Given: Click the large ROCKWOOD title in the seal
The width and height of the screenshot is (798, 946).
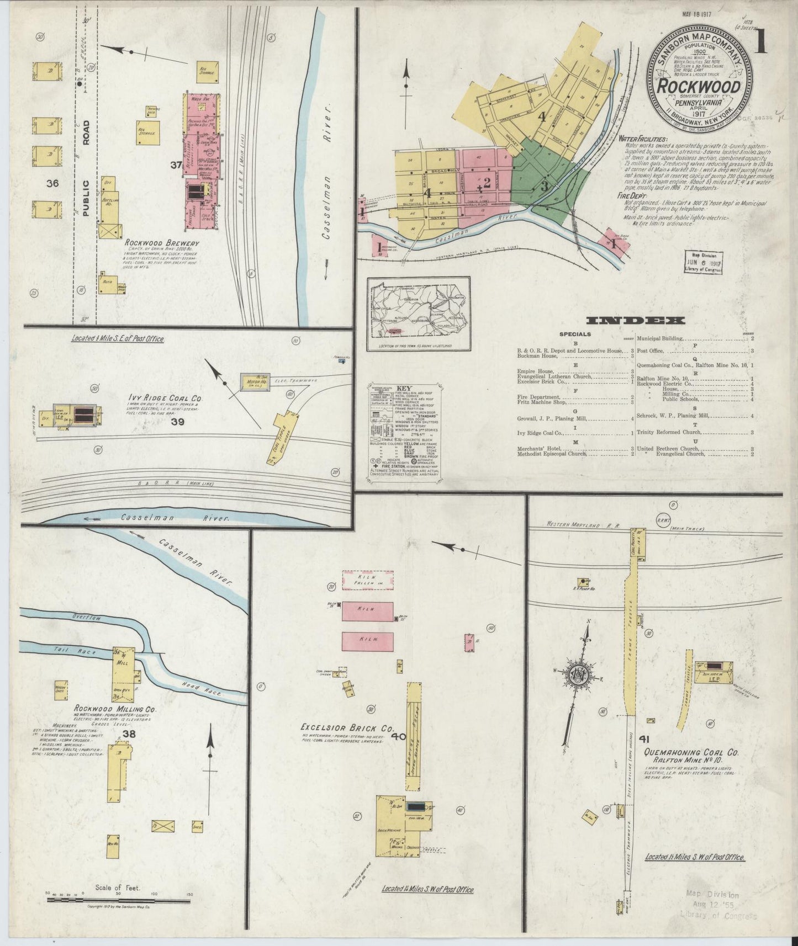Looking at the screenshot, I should (699, 87).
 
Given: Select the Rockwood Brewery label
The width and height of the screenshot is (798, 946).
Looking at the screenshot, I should (161, 242).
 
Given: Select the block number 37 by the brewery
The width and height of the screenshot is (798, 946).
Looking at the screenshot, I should (176, 165).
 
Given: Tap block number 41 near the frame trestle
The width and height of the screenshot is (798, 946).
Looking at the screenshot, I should (644, 738).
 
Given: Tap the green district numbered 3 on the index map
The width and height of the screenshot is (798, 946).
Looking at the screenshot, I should (544, 185).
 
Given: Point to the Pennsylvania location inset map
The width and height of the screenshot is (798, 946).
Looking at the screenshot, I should (418, 313).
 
